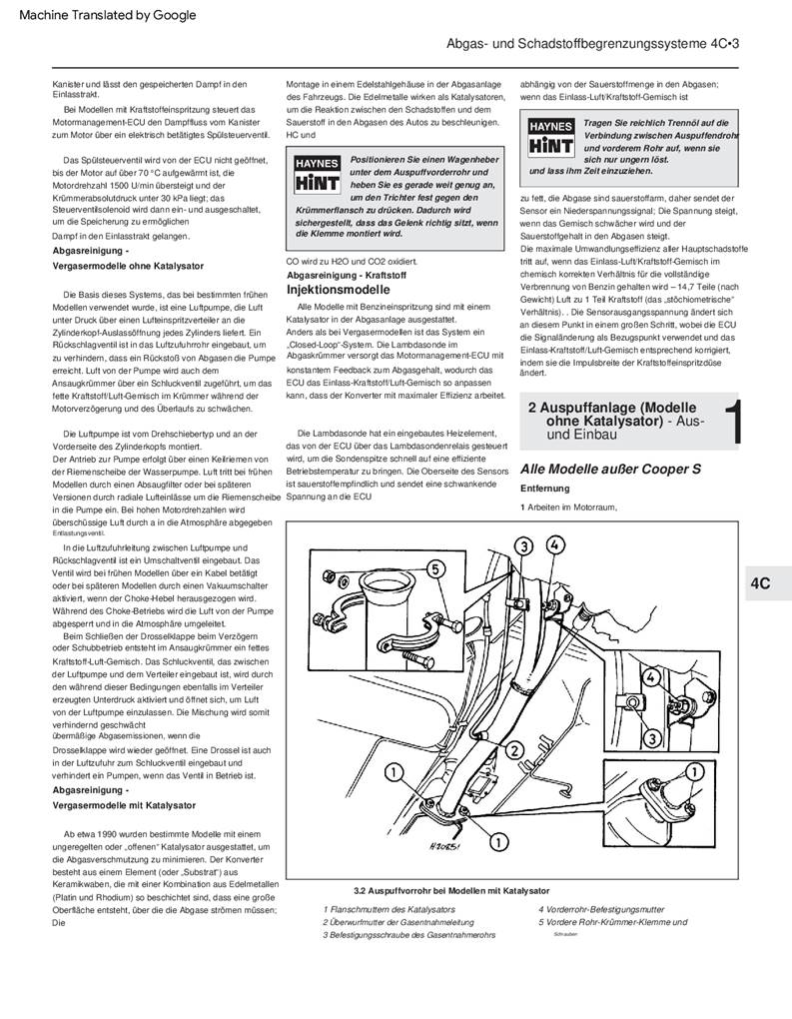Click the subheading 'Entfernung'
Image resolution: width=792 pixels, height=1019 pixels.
coord(545,489)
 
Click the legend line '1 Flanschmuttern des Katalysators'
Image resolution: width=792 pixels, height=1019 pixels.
coord(390,909)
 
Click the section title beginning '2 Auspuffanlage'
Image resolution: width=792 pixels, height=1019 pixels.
coord(611,415)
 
